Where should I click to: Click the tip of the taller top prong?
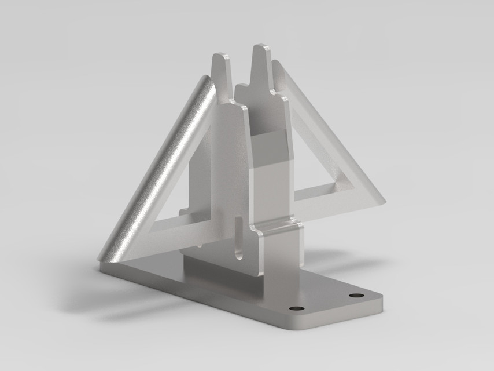261,46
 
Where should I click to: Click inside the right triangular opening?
315,157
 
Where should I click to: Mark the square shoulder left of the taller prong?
243,89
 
